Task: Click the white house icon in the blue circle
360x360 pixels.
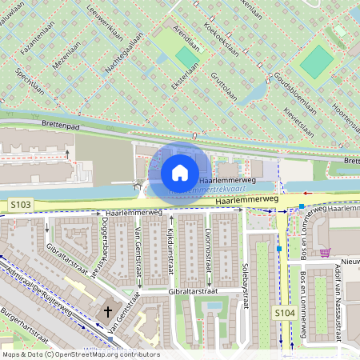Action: click(x=180, y=173)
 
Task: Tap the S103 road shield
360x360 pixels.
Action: click(x=22, y=206)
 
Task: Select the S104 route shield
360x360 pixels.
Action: click(x=285, y=311)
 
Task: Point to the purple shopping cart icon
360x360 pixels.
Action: click(x=325, y=253)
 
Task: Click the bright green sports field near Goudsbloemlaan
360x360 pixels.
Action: click(x=317, y=61)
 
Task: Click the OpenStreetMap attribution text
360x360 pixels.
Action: click(x=80, y=354)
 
